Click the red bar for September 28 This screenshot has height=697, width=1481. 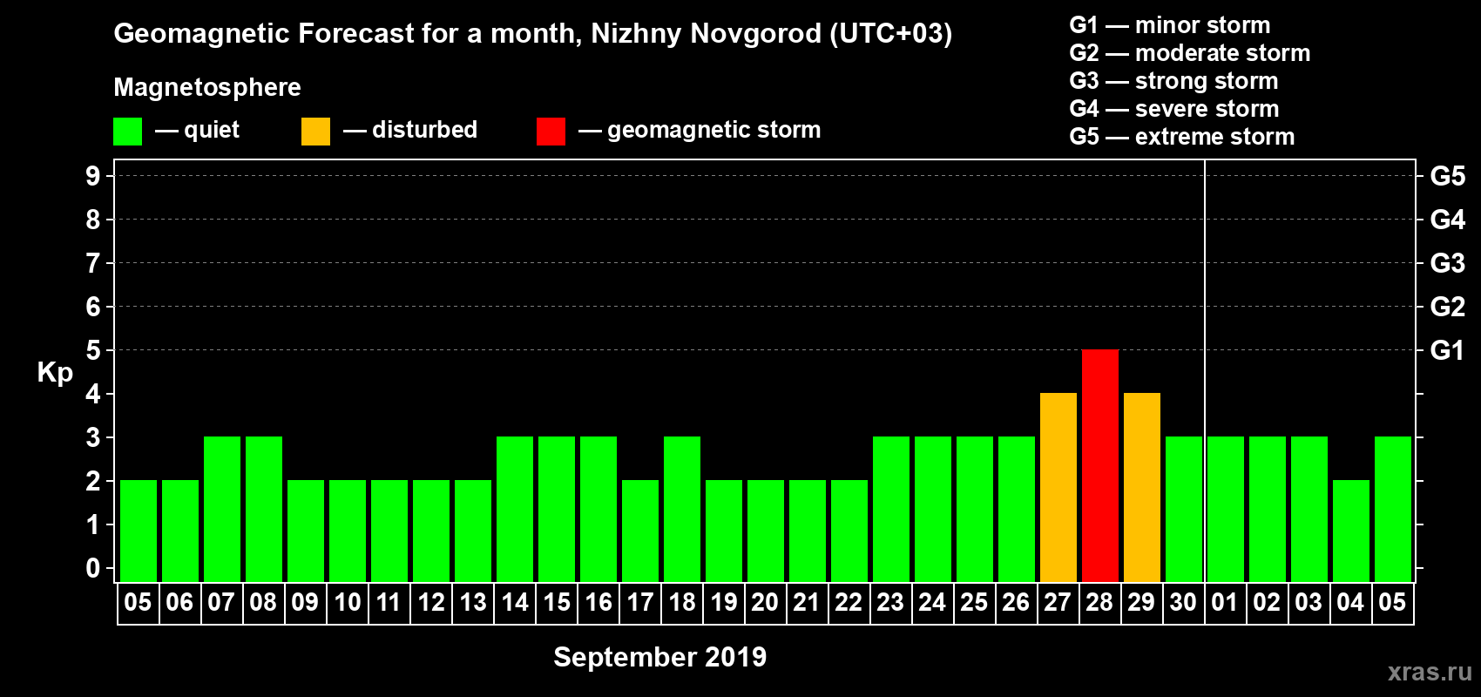pyautogui.click(x=1099, y=465)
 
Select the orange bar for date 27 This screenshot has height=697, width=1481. pyautogui.click(x=1058, y=487)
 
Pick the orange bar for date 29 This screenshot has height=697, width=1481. pyautogui.click(x=1141, y=487)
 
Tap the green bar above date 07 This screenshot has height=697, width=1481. pyautogui.click(x=221, y=509)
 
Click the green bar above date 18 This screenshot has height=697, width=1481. pyautogui.click(x=681, y=509)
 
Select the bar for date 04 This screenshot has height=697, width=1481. pyautogui.click(x=1350, y=531)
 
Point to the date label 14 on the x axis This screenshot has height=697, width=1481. pyautogui.click(x=514, y=602)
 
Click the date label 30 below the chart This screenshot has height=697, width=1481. pyautogui.click(x=1183, y=602)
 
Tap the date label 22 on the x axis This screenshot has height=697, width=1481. pyautogui.click(x=849, y=602)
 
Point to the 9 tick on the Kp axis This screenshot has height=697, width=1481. pyautogui.click(x=93, y=176)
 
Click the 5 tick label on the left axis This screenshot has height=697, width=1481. pyautogui.click(x=93, y=350)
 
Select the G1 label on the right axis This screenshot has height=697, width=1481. pyautogui.click(x=1447, y=350)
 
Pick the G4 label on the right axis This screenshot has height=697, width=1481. pyautogui.click(x=1447, y=220)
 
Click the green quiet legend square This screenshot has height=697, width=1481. pyautogui.click(x=127, y=132)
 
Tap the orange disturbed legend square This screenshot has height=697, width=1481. pyautogui.click(x=315, y=132)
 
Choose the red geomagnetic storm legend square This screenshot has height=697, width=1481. pyautogui.click(x=551, y=132)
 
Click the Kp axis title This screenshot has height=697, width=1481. pyautogui.click(x=55, y=373)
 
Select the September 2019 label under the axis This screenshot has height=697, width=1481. pyautogui.click(x=659, y=657)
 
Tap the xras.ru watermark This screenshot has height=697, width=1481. pyautogui.click(x=1429, y=672)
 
